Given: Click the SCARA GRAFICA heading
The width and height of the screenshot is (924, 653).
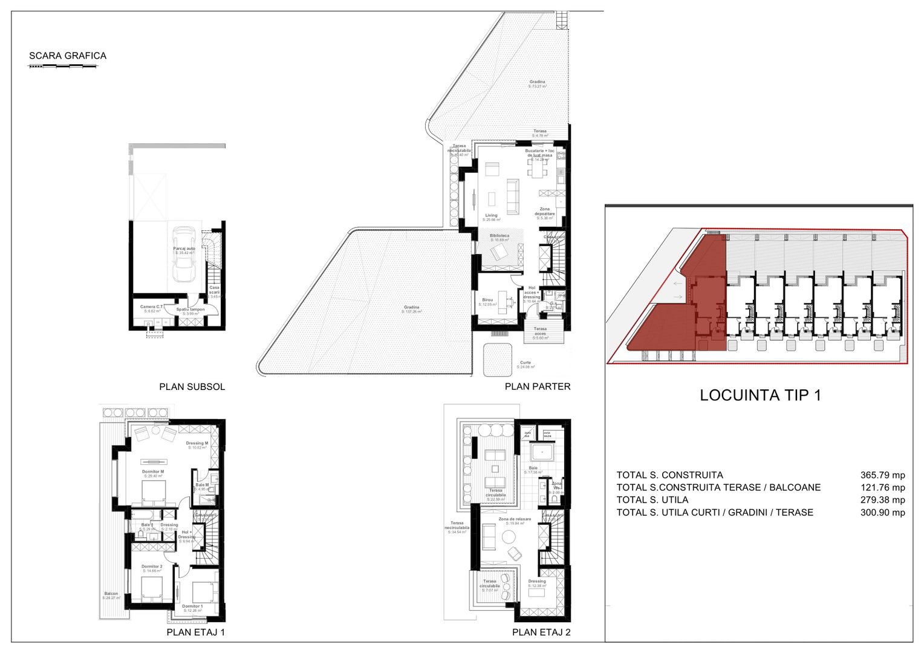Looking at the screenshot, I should tap(68, 56).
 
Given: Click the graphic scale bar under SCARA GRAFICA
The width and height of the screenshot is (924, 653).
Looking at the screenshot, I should tap(63, 65).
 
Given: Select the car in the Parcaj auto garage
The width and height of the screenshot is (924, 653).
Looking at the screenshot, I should tap(184, 254).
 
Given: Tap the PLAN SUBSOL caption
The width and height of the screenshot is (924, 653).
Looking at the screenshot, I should tap(192, 387).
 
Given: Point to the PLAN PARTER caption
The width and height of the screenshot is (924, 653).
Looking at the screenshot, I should tap(538, 387).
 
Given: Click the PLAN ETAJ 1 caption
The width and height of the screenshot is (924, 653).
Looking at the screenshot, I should tap(195, 632).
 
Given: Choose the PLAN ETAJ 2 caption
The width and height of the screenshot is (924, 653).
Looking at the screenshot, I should tap(541, 632).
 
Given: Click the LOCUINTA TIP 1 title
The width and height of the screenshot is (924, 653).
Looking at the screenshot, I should tap(760, 395).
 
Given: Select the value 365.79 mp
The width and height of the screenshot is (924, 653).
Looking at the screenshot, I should tap(882, 475).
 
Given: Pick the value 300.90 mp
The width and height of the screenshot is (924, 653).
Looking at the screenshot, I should tap(882, 513).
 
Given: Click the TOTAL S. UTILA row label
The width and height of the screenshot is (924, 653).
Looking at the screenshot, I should tap(652, 500).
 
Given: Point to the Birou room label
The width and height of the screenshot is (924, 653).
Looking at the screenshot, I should tap(487, 301).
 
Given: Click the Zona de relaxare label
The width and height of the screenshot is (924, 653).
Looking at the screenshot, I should tap(515, 519).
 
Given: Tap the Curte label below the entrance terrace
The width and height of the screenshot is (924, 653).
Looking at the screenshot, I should tap(525, 363).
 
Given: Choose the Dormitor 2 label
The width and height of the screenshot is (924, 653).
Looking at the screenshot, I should tap(152, 567).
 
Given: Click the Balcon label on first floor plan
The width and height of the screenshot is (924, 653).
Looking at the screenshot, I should tap(111, 594).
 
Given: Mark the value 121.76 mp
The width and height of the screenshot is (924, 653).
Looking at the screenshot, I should tap(882, 488).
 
